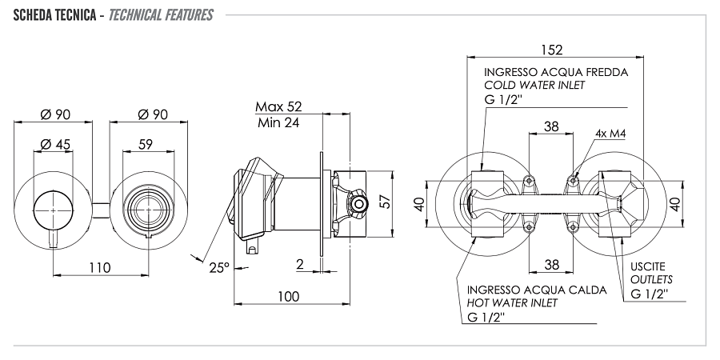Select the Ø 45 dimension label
(55, 144)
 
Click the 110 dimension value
(99, 268)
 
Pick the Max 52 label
(278, 106)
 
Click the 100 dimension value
(288, 297)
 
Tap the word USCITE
(647, 266)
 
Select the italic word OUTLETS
(651, 279)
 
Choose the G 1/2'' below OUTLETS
(650, 294)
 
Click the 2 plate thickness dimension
(298, 263)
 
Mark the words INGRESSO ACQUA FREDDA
(556, 71)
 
